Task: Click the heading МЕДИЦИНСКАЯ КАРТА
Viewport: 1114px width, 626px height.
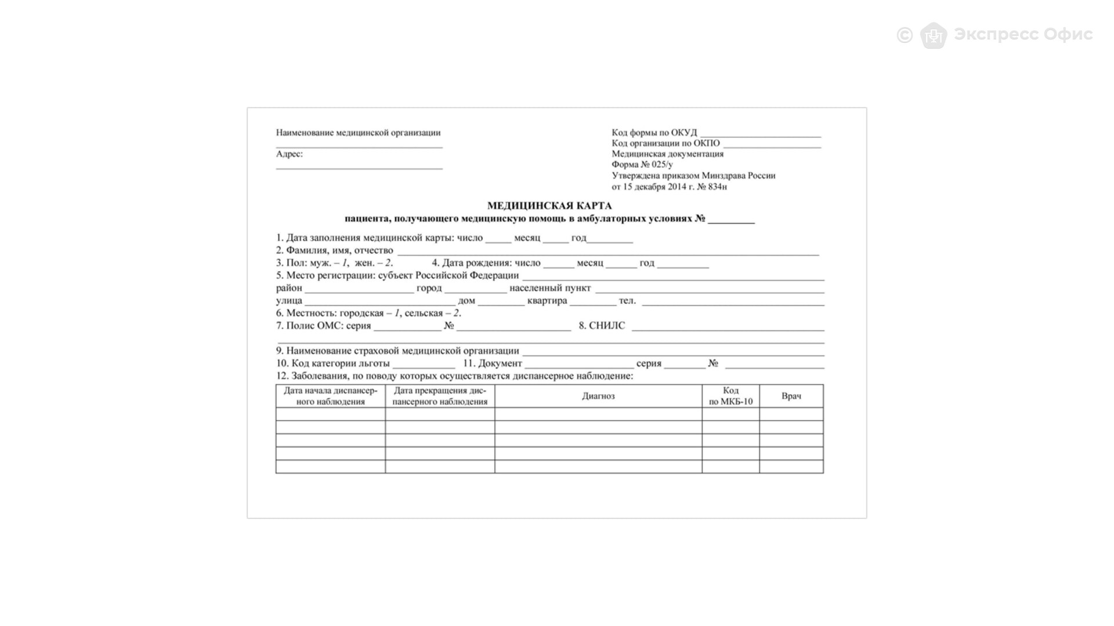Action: (x=549, y=206)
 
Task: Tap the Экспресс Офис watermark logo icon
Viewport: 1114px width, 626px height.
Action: (x=933, y=35)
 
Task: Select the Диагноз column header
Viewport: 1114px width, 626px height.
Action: (x=598, y=396)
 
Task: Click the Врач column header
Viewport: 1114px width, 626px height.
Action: (x=791, y=396)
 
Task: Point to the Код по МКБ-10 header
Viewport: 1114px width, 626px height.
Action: (x=730, y=396)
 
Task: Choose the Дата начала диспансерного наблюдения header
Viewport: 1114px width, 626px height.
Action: (x=330, y=396)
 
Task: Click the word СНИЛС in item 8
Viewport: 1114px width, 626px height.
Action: (x=607, y=326)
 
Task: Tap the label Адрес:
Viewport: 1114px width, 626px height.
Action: (x=289, y=154)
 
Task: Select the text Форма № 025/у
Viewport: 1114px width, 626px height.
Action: (x=642, y=165)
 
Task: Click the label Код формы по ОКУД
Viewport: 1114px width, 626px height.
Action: (x=654, y=133)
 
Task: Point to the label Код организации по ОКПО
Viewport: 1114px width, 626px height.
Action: (x=665, y=143)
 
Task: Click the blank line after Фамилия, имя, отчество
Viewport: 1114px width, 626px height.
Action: (x=608, y=252)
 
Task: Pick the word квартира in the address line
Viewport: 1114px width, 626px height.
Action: (x=547, y=301)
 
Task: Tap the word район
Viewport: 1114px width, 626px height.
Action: (x=289, y=288)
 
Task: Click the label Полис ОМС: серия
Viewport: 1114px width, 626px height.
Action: (x=328, y=326)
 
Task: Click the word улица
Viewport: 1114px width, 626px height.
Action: (x=289, y=301)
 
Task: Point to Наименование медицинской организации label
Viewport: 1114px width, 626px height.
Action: (x=358, y=133)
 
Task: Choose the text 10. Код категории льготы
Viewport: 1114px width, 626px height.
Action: (x=332, y=363)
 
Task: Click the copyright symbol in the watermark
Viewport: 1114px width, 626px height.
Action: (x=905, y=35)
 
